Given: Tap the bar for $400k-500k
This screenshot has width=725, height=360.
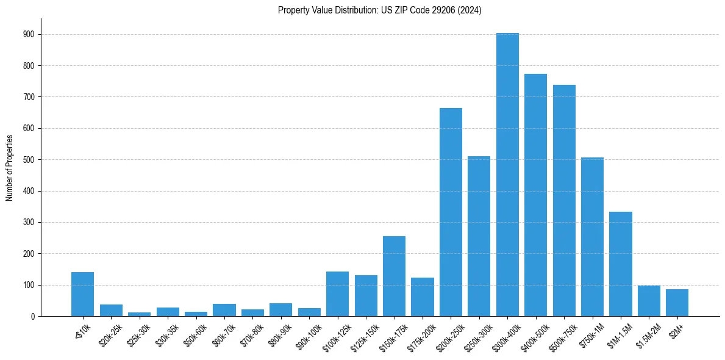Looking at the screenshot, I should [535, 195].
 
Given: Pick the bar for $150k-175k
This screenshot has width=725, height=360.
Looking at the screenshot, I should [394, 276].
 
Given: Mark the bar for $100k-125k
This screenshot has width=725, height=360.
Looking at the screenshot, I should [337, 293].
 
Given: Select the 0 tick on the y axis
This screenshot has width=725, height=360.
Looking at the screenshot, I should [33, 316].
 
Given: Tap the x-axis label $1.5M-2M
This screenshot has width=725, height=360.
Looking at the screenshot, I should [646, 335].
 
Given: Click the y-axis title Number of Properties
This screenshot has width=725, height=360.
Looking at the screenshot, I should [9, 167].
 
